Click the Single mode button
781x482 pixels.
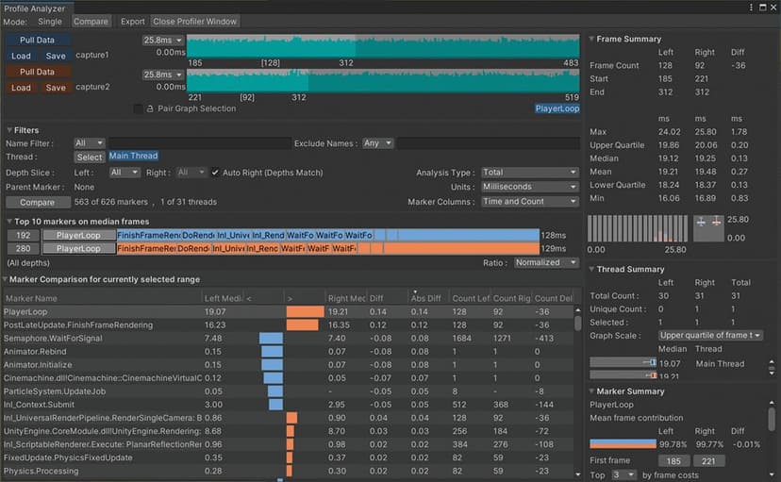pos(51,21)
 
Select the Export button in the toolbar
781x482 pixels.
pos(133,21)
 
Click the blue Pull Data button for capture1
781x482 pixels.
pos(38,41)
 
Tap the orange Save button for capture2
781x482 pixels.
pos(56,88)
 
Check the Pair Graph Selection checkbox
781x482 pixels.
pos(139,108)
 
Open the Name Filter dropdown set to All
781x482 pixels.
pos(89,143)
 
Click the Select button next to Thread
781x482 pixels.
pos(90,157)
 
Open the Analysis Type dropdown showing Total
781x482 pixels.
pos(528,173)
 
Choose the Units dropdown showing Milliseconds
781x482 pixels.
pos(528,187)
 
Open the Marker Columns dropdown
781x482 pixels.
pos(528,201)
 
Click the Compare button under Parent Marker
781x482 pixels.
pos(38,202)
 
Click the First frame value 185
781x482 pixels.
pos(673,461)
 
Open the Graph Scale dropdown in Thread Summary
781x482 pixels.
pos(710,335)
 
